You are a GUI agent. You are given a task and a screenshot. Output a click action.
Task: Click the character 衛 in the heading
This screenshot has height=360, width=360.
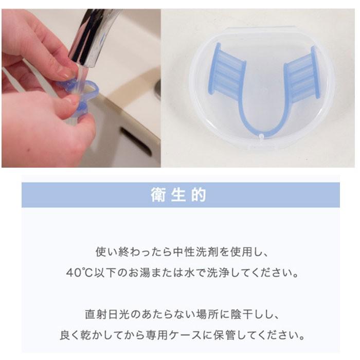point(157,195)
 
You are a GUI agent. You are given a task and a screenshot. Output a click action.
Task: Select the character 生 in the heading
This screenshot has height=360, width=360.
point(178,195)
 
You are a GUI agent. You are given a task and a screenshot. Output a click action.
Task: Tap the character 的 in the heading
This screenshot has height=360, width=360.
point(200,195)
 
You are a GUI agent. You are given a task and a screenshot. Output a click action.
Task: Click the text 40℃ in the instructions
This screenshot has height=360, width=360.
point(78,272)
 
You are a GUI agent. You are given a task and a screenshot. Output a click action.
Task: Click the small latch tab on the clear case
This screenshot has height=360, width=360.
point(262,137)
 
